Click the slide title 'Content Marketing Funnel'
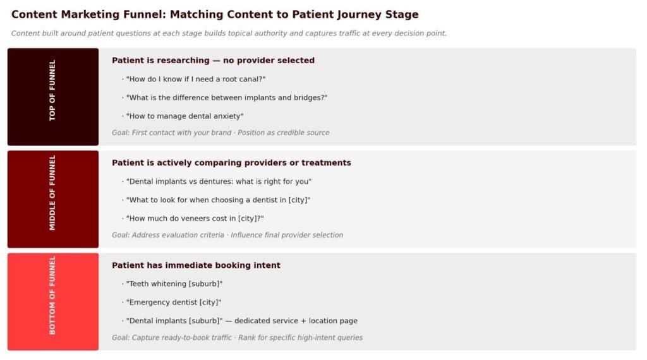[x=215, y=15]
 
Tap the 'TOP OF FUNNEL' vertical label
[x=52, y=90]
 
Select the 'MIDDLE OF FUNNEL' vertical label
[x=52, y=193]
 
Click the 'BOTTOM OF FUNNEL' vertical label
[x=52, y=295]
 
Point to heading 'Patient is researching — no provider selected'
[x=213, y=61]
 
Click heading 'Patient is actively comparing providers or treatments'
[x=231, y=163]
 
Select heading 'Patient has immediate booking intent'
[x=196, y=265]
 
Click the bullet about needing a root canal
[x=195, y=79]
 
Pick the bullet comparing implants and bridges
[x=226, y=97]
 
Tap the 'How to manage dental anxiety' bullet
[x=184, y=116]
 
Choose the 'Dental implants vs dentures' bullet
[x=219, y=181]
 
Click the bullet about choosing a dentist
[x=218, y=200]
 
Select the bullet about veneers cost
[x=195, y=219]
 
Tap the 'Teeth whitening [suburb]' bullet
[x=174, y=284]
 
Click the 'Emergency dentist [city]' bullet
[x=173, y=303]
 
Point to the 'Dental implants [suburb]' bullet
[x=241, y=321]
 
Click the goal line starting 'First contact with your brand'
[x=221, y=133]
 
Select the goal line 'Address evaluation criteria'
[x=227, y=235]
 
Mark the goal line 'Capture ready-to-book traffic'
[x=237, y=338]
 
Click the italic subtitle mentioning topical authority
[x=229, y=33]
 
